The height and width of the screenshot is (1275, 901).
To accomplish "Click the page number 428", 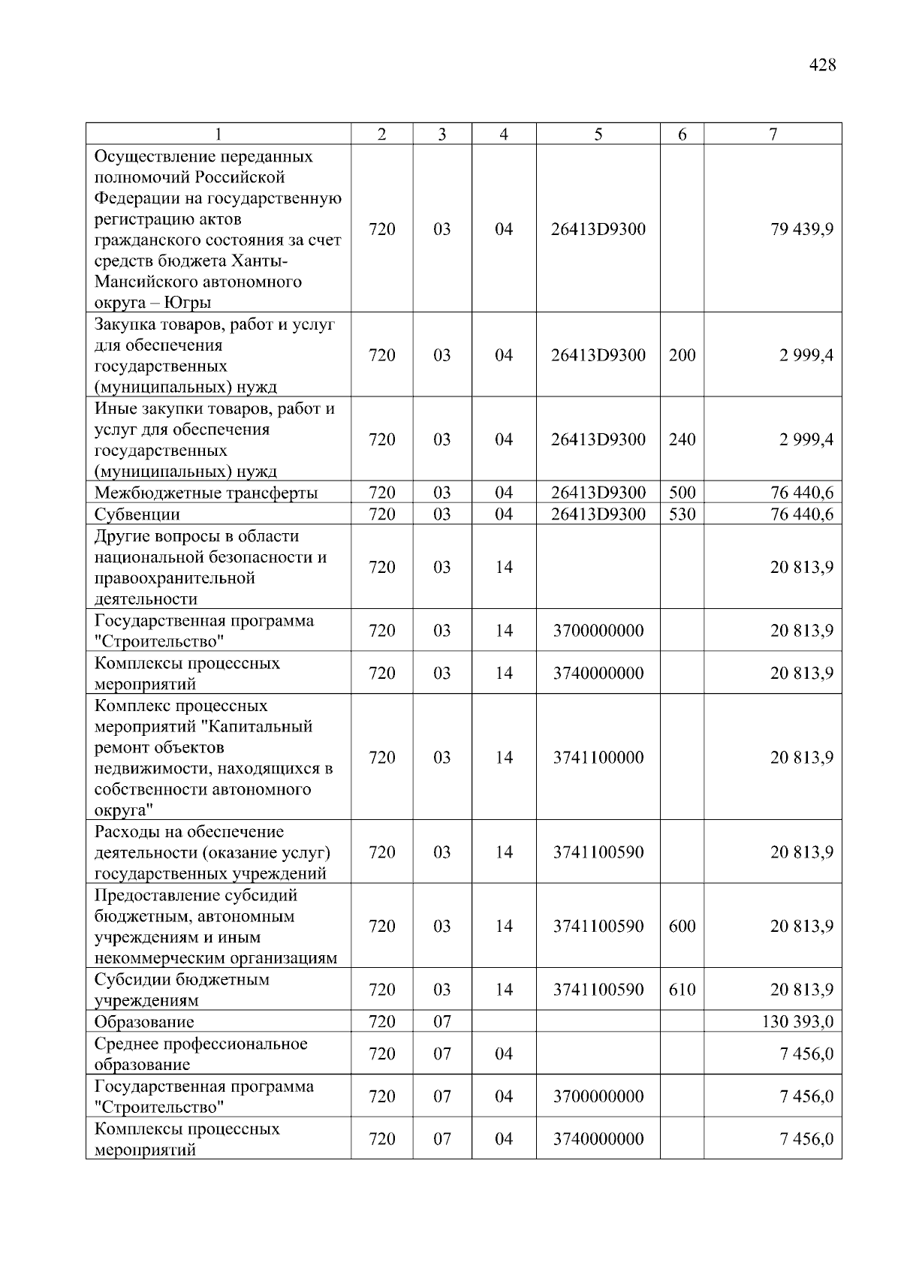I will (822, 65).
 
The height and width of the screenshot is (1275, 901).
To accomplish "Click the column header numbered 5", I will (598, 134).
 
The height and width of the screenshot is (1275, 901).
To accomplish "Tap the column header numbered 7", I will (773, 134).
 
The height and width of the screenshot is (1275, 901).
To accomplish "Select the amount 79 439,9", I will (801, 229).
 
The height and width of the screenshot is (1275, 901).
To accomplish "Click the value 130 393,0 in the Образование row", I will (797, 1022).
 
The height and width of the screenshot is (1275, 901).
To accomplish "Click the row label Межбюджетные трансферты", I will (206, 493).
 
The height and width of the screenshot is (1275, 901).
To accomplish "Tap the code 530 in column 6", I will (682, 515).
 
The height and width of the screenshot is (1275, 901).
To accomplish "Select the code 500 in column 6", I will (682, 493).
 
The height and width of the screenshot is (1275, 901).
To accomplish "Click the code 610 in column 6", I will (682, 990).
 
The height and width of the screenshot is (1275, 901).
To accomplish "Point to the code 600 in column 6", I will (682, 927).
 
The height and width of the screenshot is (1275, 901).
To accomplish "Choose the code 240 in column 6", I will (682, 439).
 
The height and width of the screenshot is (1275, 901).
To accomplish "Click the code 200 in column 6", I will (682, 355).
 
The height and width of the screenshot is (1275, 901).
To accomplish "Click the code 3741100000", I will (598, 758).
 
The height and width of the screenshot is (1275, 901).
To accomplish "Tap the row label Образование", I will (144, 1022).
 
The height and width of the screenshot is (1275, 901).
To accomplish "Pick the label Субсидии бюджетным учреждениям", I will (182, 990).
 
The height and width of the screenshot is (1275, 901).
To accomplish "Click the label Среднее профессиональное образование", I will (200, 1054).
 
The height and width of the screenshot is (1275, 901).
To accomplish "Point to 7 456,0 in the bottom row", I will (806, 1139).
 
